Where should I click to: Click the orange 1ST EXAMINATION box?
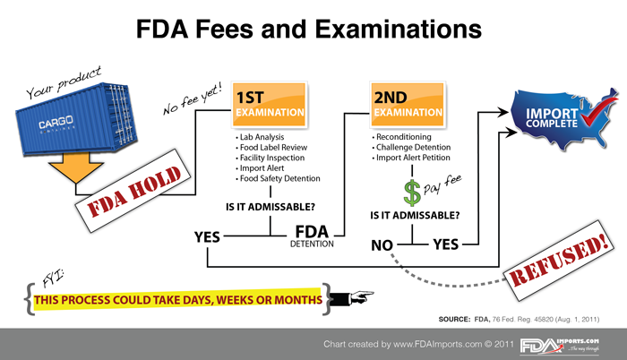[270, 105]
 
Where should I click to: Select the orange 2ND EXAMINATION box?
[408, 105]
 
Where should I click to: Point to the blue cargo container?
[77, 119]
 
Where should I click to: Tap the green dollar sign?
[412, 193]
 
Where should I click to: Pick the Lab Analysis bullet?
[260, 137]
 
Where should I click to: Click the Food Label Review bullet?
[271, 147]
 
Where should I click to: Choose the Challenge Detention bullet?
[411, 147]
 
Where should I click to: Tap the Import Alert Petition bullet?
[411, 158]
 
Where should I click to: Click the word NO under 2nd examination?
[382, 245]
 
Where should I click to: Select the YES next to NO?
[446, 244]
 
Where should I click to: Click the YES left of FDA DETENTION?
[207, 236]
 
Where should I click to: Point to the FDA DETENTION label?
[312, 236]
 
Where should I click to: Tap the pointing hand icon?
[352, 297]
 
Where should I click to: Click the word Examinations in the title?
[399, 30]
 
